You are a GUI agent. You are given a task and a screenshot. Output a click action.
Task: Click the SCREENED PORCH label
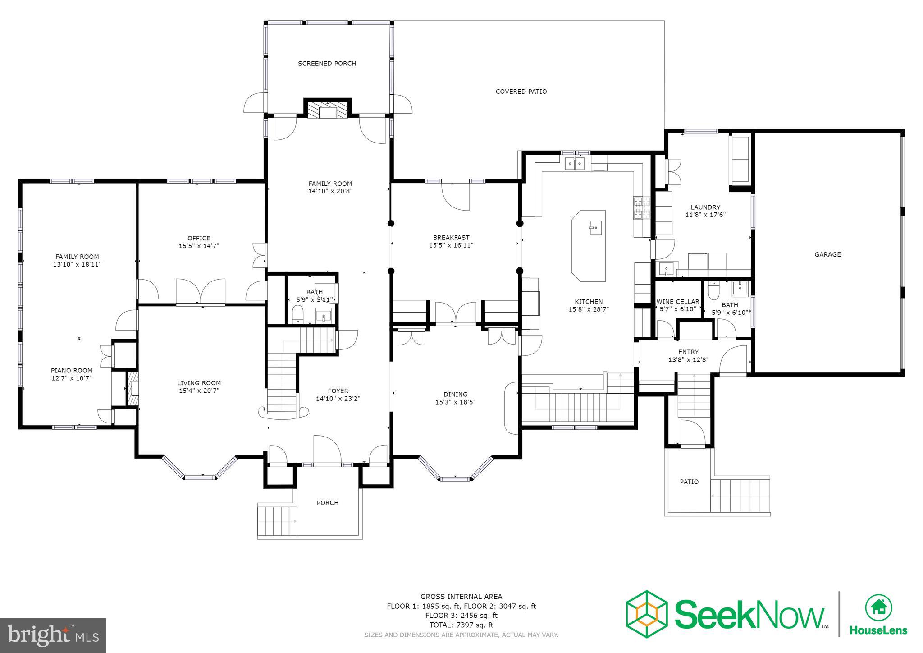coord(327,64)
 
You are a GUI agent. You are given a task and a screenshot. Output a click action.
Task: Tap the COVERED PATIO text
coord(521,92)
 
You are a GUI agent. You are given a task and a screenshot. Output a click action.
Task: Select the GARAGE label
coord(827,254)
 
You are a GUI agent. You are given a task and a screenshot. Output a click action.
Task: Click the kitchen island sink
coord(594,228)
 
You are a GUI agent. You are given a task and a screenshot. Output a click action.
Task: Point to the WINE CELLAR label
coord(678,302)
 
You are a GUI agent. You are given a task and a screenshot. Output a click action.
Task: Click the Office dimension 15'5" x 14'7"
coord(199,246)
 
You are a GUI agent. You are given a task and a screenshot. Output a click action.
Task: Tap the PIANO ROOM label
coord(72,371)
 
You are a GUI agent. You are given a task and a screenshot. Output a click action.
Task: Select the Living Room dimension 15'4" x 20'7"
coord(199,391)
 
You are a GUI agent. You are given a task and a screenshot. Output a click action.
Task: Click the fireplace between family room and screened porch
coord(328,110)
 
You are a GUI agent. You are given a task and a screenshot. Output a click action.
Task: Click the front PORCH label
coord(327,503)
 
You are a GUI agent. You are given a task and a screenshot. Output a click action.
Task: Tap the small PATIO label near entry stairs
coord(689,482)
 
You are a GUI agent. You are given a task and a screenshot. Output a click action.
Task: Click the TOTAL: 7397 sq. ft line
coord(461,625)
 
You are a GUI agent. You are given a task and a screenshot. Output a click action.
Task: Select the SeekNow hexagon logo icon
coord(647,614)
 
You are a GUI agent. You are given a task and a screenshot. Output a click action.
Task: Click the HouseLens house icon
coord(878,607)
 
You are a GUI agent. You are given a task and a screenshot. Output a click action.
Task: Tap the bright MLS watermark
coord(53,635)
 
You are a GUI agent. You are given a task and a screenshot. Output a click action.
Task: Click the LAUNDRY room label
coord(705,207)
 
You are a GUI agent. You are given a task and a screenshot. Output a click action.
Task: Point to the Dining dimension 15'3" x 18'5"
coord(455,402)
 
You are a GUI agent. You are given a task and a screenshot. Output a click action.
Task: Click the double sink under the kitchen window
coord(575,163)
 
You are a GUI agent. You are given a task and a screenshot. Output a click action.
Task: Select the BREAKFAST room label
coord(451,238)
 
